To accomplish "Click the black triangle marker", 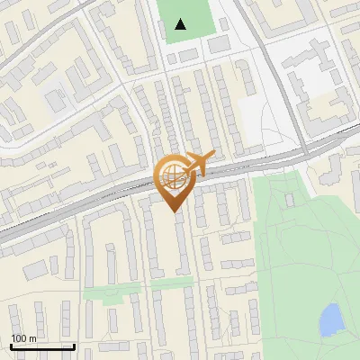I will (181, 24).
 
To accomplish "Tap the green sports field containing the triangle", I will (198, 18).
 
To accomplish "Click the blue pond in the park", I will (331, 318).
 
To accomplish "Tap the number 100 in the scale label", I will (20, 338).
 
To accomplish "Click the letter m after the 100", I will (32, 338).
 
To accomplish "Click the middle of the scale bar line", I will (42, 346).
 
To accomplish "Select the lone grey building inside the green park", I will (289, 199).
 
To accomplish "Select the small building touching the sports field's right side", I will (219, 43).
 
